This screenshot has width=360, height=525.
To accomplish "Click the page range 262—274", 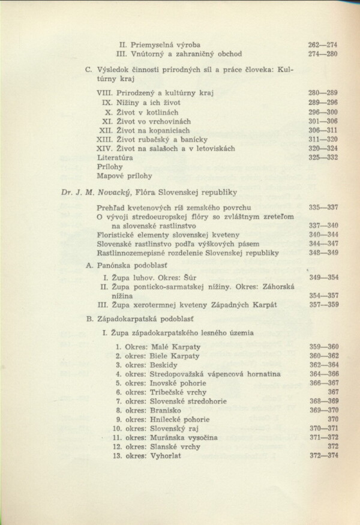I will (323, 44).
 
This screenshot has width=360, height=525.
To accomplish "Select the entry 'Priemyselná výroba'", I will (165, 44).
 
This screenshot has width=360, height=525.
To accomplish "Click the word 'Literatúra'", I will (115, 157).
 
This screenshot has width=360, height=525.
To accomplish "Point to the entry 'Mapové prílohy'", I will (124, 176).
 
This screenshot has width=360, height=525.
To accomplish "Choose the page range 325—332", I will (323, 157).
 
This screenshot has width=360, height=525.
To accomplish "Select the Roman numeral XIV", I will (105, 148).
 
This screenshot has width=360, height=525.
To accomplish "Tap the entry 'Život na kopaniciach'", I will (155, 130).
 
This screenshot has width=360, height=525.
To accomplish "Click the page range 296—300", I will (323, 112).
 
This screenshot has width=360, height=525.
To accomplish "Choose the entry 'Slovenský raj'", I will (178, 428).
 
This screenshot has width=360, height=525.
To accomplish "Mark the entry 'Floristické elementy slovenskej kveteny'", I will (168, 235).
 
